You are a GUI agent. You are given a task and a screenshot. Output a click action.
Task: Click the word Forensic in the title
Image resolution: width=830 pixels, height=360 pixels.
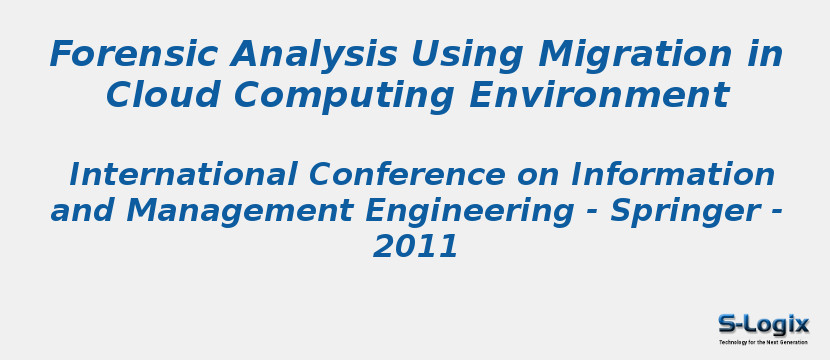[133, 53]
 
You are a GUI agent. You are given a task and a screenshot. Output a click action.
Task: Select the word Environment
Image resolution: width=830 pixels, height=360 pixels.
[599, 95]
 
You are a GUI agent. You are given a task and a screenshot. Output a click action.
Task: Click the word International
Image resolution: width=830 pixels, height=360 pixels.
[183, 174]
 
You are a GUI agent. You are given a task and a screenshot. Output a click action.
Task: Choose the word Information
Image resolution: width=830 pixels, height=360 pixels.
[673, 174]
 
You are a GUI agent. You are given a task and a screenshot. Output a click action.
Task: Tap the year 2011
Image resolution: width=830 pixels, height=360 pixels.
[416, 247]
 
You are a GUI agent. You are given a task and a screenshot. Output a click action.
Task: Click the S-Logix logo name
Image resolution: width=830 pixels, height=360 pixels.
[763, 324]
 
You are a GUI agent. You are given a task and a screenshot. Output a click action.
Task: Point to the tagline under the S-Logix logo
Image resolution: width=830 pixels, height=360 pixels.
[763, 342]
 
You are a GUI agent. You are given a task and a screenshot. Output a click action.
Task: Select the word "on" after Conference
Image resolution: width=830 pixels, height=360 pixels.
[538, 177]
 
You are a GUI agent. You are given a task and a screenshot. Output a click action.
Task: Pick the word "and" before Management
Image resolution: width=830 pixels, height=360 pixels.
[82, 211]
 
